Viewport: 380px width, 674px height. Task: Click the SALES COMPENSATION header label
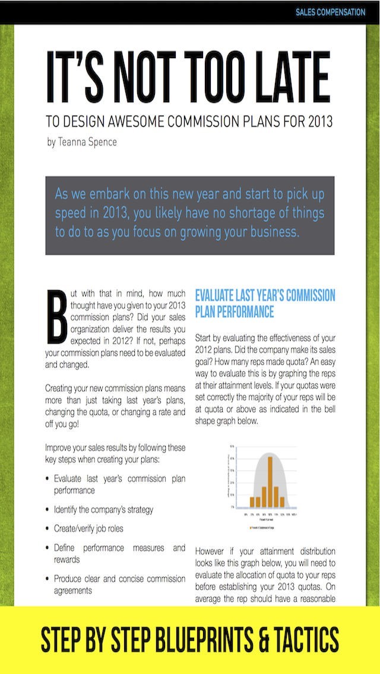click(x=330, y=12)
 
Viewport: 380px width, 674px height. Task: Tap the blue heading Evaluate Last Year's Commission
click(x=265, y=295)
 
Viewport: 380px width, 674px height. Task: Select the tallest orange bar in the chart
click(x=270, y=479)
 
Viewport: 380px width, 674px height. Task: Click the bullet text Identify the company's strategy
click(x=103, y=509)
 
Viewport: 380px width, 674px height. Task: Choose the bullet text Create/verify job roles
click(x=88, y=528)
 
